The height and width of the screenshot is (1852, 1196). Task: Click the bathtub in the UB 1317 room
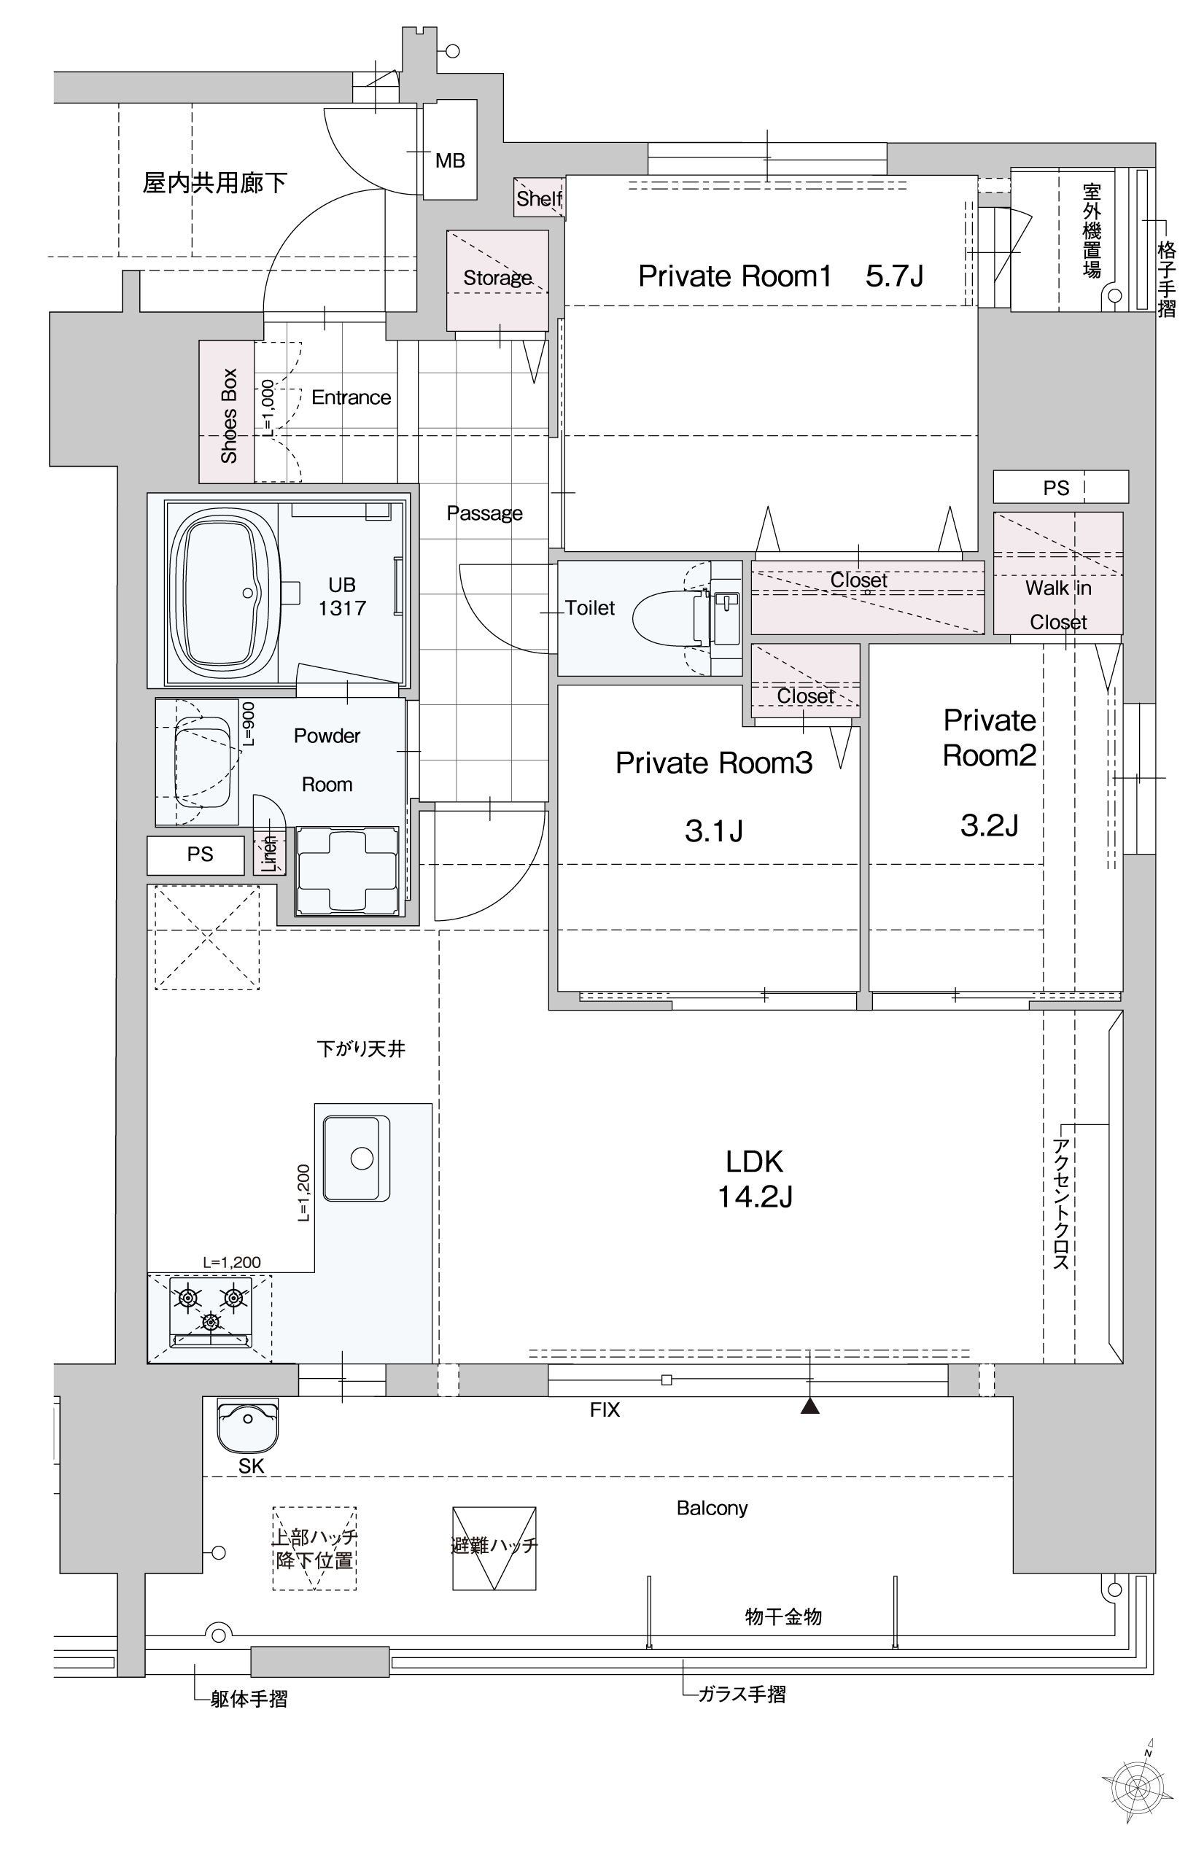point(225,593)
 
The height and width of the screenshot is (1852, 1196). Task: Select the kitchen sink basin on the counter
point(357,1158)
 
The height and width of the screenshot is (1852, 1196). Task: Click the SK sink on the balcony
point(248,1425)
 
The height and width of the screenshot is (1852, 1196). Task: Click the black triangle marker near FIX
point(810,1405)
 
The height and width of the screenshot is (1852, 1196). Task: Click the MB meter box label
point(450,160)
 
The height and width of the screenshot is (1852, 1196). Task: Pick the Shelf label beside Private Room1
point(539,199)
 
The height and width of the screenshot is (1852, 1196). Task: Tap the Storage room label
point(498,278)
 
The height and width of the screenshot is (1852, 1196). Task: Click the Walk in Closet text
point(1059,605)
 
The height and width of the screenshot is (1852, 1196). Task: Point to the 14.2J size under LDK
point(755,1197)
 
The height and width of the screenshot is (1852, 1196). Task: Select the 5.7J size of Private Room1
point(895,276)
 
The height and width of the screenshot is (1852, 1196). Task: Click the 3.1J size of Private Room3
point(714,831)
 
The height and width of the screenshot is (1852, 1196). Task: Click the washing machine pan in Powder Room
point(346,870)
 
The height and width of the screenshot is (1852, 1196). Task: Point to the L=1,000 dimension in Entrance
point(268,408)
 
